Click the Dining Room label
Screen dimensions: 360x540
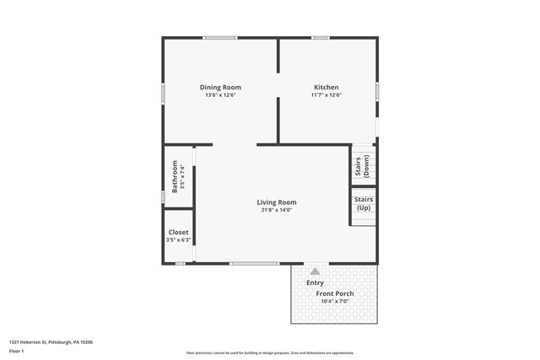(x=220, y=88)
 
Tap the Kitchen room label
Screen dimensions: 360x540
(x=327, y=88)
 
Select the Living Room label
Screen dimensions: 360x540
(x=277, y=202)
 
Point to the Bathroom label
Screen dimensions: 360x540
(x=175, y=177)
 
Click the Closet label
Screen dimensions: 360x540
(x=179, y=233)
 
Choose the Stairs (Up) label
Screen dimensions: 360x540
(x=364, y=204)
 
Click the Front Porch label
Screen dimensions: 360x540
(x=335, y=293)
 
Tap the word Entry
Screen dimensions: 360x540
(x=315, y=282)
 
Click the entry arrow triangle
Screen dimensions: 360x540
(x=315, y=271)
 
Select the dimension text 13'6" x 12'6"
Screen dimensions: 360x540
(x=220, y=95)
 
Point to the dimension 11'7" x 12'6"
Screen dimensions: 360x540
(x=327, y=95)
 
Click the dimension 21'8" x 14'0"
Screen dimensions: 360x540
(x=277, y=210)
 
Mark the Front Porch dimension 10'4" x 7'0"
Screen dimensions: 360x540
(x=335, y=301)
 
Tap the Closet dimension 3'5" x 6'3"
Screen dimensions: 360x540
(x=179, y=240)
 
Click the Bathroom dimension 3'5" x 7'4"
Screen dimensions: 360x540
(x=183, y=177)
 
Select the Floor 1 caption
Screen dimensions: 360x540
(x=16, y=351)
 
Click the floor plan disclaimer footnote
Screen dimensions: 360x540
(x=270, y=353)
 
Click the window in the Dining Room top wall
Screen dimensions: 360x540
(x=220, y=37)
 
